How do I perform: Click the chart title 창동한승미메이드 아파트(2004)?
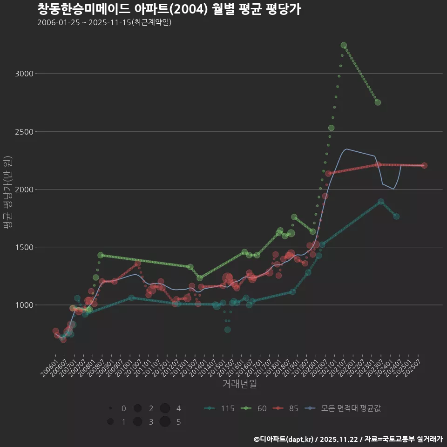point(169,9)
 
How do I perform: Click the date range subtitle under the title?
point(104,22)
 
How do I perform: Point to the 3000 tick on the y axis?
point(24,74)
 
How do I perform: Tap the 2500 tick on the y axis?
point(24,131)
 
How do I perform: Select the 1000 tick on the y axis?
point(24,305)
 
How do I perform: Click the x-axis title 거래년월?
point(239,384)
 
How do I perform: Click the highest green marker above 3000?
point(344,45)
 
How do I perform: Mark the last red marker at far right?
point(424,165)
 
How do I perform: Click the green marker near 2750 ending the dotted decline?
point(378,102)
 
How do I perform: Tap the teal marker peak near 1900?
point(381,202)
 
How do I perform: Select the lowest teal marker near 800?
point(227,330)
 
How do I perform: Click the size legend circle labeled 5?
point(164,422)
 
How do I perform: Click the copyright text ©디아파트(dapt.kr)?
point(284,439)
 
